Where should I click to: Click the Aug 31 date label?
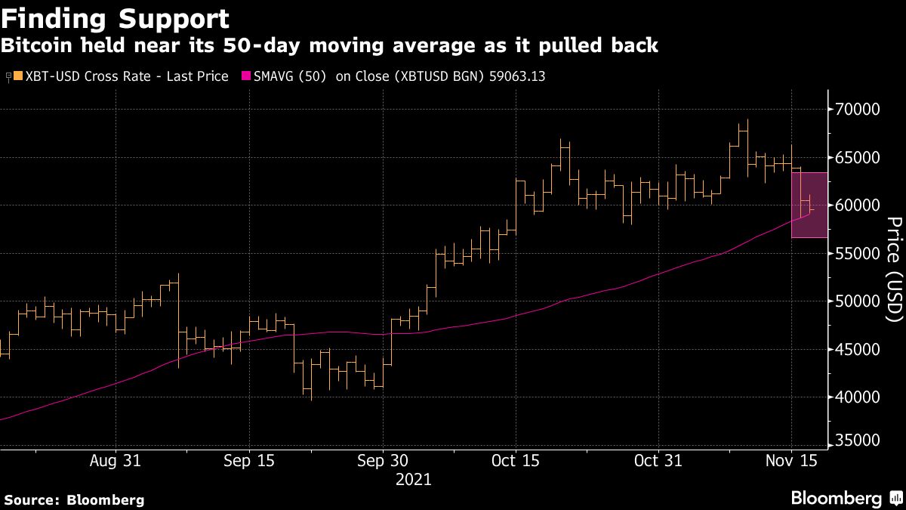tap(116, 460)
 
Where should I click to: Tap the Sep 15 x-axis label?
tap(248, 460)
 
